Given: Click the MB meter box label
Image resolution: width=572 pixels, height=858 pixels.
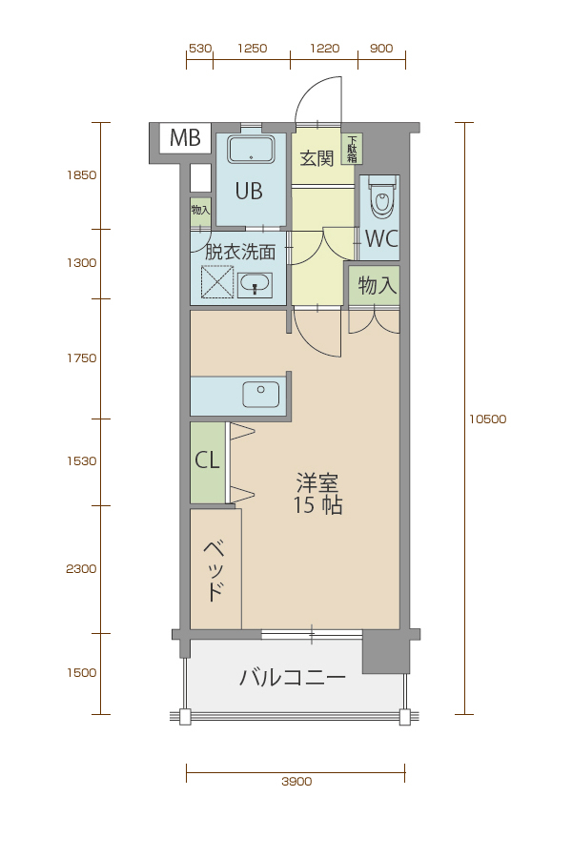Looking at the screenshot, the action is pyautogui.click(x=185, y=138).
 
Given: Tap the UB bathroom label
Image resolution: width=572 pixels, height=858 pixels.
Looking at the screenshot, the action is pyautogui.click(x=249, y=191).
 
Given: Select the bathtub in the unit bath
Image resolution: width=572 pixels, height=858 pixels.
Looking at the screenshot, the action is pyautogui.click(x=252, y=150).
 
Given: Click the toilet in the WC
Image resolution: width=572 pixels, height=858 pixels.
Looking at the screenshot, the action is pyautogui.click(x=381, y=196).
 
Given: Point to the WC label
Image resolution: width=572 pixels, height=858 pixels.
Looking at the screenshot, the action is pyautogui.click(x=381, y=238).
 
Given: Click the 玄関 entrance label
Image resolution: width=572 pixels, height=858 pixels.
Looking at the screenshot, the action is pyautogui.click(x=317, y=158).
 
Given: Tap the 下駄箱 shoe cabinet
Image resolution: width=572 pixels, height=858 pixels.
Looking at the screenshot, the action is pyautogui.click(x=352, y=150).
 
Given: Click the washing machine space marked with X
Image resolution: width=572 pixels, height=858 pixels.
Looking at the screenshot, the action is pyautogui.click(x=217, y=282).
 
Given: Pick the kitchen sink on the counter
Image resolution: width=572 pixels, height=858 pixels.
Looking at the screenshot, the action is pyautogui.click(x=261, y=395).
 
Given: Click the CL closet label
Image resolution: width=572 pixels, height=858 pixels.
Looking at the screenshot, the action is pyautogui.click(x=208, y=460).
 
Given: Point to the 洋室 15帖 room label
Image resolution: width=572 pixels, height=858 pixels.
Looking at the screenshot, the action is pyautogui.click(x=318, y=494).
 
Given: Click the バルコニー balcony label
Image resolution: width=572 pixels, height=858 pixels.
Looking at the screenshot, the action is pyautogui.click(x=293, y=678).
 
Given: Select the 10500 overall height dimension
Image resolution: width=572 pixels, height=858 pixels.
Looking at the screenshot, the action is pyautogui.click(x=488, y=419).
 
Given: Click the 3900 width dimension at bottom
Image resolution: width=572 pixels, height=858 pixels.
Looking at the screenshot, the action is pyautogui.click(x=296, y=782).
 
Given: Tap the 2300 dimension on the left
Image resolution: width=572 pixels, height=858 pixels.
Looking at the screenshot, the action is pyautogui.click(x=81, y=569).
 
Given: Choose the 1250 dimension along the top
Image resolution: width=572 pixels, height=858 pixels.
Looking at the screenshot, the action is pyautogui.click(x=253, y=49).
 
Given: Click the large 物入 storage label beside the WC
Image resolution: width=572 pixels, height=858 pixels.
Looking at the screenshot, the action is pyautogui.click(x=378, y=285).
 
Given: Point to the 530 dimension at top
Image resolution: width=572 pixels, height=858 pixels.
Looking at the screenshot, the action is pyautogui.click(x=200, y=49).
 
